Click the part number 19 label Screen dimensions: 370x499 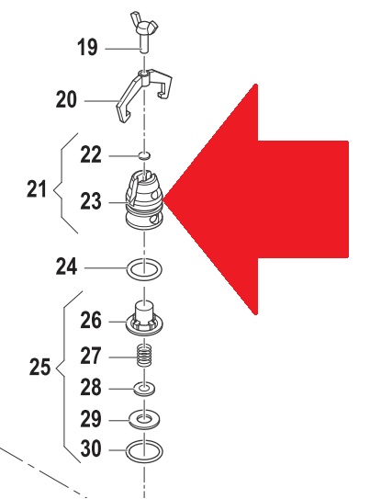point(87,47)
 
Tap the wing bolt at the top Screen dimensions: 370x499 point(144,31)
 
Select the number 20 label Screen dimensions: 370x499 point(66,99)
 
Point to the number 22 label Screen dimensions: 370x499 point(91,154)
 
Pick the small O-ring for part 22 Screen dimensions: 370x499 point(145,155)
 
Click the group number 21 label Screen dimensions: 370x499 point(37,188)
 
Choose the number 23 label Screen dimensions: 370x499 point(91,201)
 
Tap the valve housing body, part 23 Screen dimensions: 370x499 point(145,200)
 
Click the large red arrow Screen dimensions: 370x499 point(256,199)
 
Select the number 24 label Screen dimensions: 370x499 point(66,267)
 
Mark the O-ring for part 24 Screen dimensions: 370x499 point(144,269)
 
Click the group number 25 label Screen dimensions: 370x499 point(39,367)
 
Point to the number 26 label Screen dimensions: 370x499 point(91,320)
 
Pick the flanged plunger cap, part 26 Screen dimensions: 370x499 point(144,318)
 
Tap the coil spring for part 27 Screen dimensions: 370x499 point(144,356)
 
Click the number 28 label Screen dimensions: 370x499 point(91,387)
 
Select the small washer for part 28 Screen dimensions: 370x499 point(144,389)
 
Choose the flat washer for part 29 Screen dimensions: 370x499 point(144,420)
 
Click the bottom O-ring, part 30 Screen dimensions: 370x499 point(144,451)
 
